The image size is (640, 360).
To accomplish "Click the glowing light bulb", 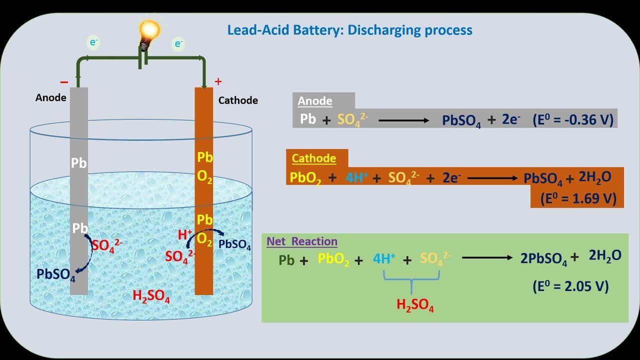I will [149, 31].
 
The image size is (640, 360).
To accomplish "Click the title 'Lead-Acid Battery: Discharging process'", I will [349, 30].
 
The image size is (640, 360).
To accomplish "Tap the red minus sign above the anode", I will [64, 82].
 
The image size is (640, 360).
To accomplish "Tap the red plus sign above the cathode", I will [218, 81].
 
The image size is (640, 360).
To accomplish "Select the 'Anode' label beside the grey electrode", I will [51, 97].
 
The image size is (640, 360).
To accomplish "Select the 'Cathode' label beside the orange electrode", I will [238, 100].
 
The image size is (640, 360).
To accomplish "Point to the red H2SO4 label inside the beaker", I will [151, 296].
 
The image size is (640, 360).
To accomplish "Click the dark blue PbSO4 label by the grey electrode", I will [56, 274].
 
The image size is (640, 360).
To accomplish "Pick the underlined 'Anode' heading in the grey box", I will [315, 101].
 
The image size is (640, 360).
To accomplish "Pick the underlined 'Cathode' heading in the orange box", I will [313, 158].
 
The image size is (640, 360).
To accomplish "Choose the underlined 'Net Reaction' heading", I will [302, 241].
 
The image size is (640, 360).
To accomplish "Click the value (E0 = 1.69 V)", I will [578, 198].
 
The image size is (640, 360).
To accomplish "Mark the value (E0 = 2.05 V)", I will [570, 286].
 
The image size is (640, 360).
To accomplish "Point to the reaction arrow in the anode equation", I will [403, 120].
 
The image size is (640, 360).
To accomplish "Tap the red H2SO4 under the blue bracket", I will [415, 304].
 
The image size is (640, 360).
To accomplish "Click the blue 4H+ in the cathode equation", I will [356, 178].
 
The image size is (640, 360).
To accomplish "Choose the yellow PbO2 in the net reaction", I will [333, 260].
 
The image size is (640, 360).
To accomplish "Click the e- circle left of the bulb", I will [93, 42].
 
